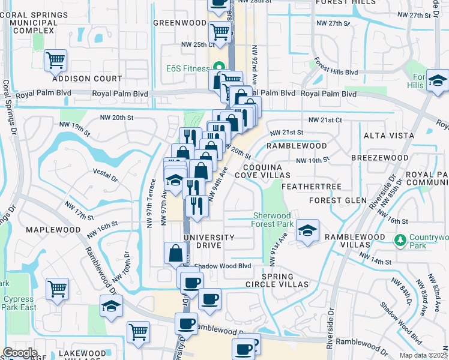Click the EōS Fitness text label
point(188,68)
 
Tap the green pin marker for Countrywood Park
point(400,240)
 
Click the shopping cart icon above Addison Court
point(55,60)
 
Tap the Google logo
point(20,353)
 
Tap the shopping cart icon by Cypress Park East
point(56,289)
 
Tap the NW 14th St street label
point(375,262)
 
